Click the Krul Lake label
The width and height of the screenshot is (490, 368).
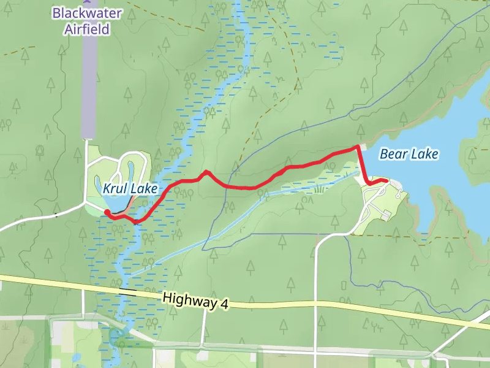coord(130,189)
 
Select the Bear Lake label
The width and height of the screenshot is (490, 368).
coord(409,154)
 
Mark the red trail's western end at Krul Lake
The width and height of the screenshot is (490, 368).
coord(107,212)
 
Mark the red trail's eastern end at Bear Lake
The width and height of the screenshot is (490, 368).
coord(385,180)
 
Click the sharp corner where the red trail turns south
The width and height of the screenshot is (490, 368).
coord(358,147)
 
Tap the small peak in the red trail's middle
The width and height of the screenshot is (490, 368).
coord(207,172)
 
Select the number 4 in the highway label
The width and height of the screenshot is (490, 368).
coord(216,303)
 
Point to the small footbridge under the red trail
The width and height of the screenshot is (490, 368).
coord(135,221)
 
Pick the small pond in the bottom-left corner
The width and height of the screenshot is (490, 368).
coord(75,357)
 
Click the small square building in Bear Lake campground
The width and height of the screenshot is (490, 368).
coord(387,213)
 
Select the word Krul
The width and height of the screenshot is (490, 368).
coord(115,189)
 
